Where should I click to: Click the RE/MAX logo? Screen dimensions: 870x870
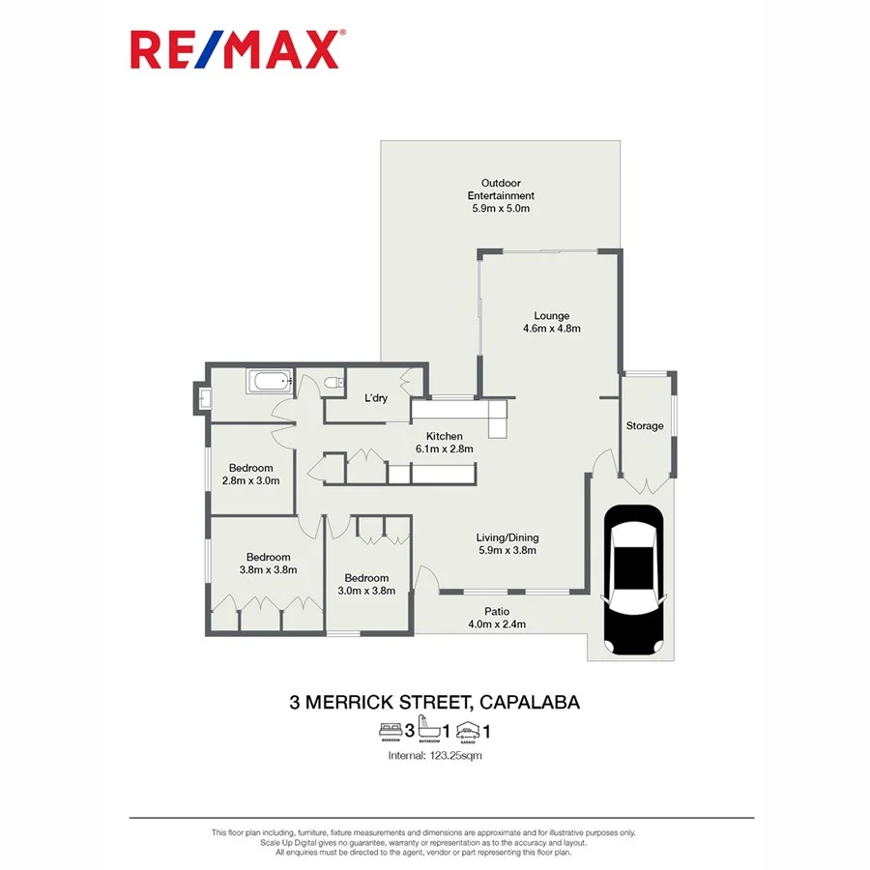coord(235,49)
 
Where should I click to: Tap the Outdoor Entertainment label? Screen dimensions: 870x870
coord(501,189)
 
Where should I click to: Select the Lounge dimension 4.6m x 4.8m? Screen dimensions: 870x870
coord(551,329)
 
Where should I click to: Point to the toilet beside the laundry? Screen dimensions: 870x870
coord(333,384)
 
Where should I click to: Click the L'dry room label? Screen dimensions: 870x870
coord(376,398)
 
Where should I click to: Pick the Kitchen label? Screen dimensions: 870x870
coord(445,436)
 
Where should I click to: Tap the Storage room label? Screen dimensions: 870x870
coord(645,425)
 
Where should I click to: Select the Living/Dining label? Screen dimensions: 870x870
coord(507,537)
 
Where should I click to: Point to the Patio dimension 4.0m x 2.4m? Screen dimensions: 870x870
coord(497,624)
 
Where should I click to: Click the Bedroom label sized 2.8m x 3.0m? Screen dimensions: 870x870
coord(250,468)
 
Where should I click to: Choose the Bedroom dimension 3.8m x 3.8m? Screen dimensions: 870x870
coord(268,570)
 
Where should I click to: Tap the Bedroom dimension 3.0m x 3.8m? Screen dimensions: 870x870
coord(366,592)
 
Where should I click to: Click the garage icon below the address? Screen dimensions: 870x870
coord(467,730)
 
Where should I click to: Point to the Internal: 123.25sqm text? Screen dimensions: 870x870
coord(434,755)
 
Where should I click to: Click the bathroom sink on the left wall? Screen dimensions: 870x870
coord(204,396)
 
